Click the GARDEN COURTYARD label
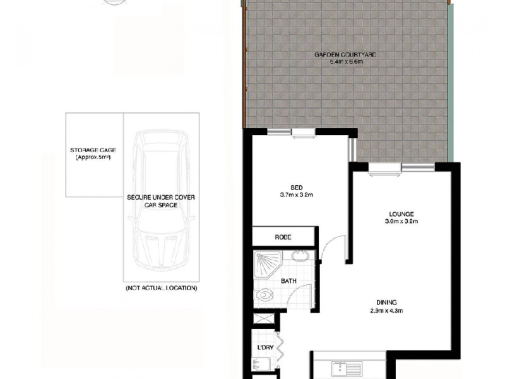tap(345, 55)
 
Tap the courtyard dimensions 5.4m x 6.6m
tap(345, 62)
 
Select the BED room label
tap(296, 188)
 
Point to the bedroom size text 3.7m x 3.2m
tap(296, 195)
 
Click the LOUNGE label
tap(401, 214)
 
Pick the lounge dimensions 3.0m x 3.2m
tap(401, 222)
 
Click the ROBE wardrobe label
tap(282, 238)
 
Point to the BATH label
tap(288, 282)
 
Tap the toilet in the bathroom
tap(265, 295)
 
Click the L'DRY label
tap(264, 347)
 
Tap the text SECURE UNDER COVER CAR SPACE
tap(161, 202)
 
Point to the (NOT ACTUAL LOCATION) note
tap(161, 288)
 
